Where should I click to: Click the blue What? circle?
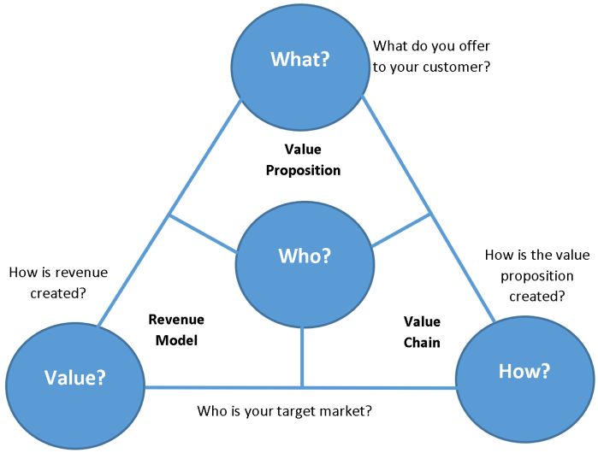[x=299, y=60]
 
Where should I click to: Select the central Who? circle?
[x=304, y=256]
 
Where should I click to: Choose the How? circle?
[x=524, y=372]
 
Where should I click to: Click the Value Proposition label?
[x=303, y=160]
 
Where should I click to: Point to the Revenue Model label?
[x=176, y=330]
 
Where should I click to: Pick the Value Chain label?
[x=422, y=332]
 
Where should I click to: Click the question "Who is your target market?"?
[x=284, y=411]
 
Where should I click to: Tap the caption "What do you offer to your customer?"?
[x=431, y=56]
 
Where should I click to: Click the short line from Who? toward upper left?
[x=204, y=233]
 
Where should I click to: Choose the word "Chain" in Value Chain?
[x=422, y=342]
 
